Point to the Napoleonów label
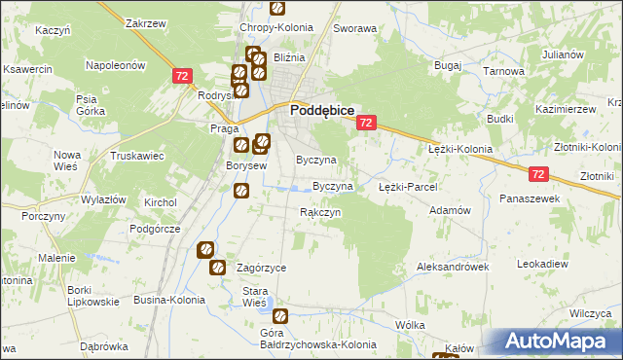[116, 65]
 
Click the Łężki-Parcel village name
[407, 186]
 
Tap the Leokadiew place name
[542, 264]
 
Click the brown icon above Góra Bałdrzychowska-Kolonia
[280, 315]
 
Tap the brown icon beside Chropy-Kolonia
[277, 8]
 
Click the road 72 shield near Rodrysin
[182, 75]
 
